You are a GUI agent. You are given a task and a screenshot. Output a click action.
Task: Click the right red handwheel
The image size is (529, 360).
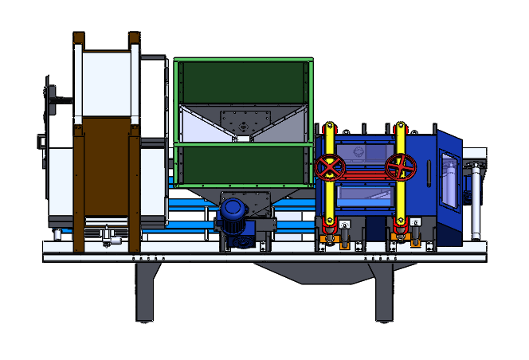tap(400, 167)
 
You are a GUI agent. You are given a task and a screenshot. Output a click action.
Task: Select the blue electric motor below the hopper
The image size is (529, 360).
tap(233, 212)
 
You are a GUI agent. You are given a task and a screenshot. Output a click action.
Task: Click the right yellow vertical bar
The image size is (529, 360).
tap(401, 199)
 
